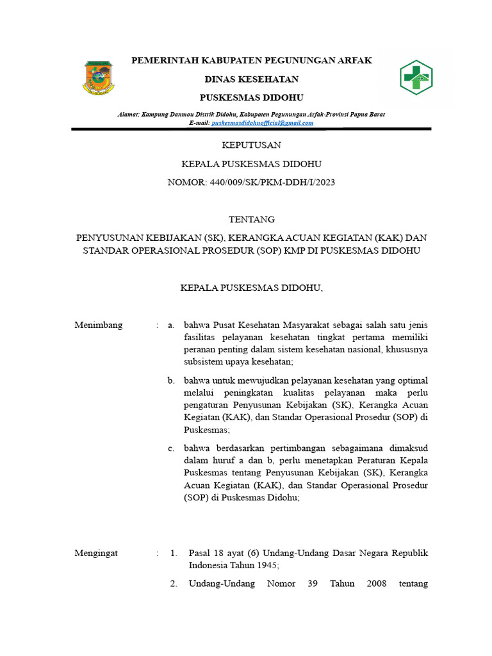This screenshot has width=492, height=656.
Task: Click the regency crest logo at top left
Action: click(97, 78)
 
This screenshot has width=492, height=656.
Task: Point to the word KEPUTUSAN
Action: click(250, 145)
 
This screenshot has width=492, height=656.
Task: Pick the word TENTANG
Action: click(251, 219)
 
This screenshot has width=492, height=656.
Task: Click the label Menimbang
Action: click(98, 325)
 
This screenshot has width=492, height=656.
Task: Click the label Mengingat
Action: click(96, 553)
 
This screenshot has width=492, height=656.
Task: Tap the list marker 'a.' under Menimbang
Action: click(171, 325)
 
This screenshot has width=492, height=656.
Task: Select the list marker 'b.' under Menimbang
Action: click(171, 381)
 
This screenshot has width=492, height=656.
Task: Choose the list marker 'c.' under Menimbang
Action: click(171, 448)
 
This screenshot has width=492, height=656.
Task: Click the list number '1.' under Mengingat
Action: click(174, 553)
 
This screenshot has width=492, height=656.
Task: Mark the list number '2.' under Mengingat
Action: click(174, 584)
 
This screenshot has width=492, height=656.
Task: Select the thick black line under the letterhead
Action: click(251, 129)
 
